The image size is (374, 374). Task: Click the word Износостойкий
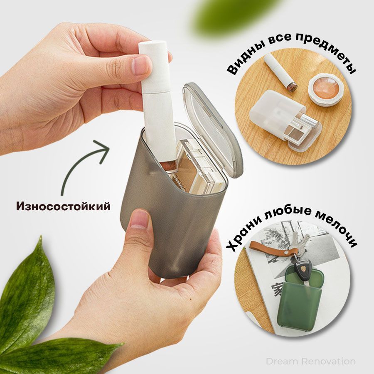pyautogui.click(x=63, y=206)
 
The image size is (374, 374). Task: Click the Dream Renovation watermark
pyautogui.click(x=310, y=361)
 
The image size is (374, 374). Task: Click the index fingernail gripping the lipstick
pyautogui.click(x=143, y=65)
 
